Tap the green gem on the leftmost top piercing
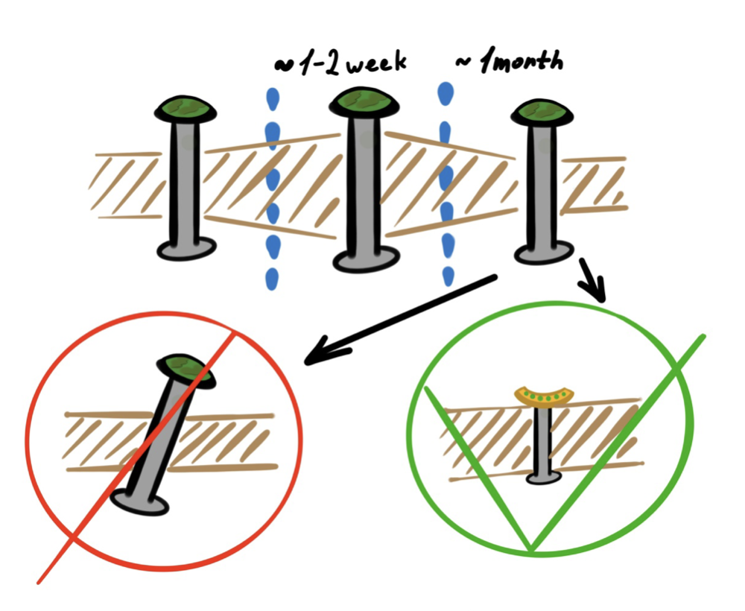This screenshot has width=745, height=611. [x=186, y=109]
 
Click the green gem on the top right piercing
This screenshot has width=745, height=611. [x=542, y=111]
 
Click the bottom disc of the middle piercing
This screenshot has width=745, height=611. [x=363, y=261]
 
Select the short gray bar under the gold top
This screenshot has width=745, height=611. [x=543, y=436]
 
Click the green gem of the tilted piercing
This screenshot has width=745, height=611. [x=187, y=369]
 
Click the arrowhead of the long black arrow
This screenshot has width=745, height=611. [x=317, y=355]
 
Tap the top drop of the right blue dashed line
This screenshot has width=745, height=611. [x=446, y=93]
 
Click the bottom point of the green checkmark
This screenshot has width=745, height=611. [x=531, y=550]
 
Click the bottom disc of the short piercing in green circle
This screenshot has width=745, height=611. [x=543, y=477]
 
